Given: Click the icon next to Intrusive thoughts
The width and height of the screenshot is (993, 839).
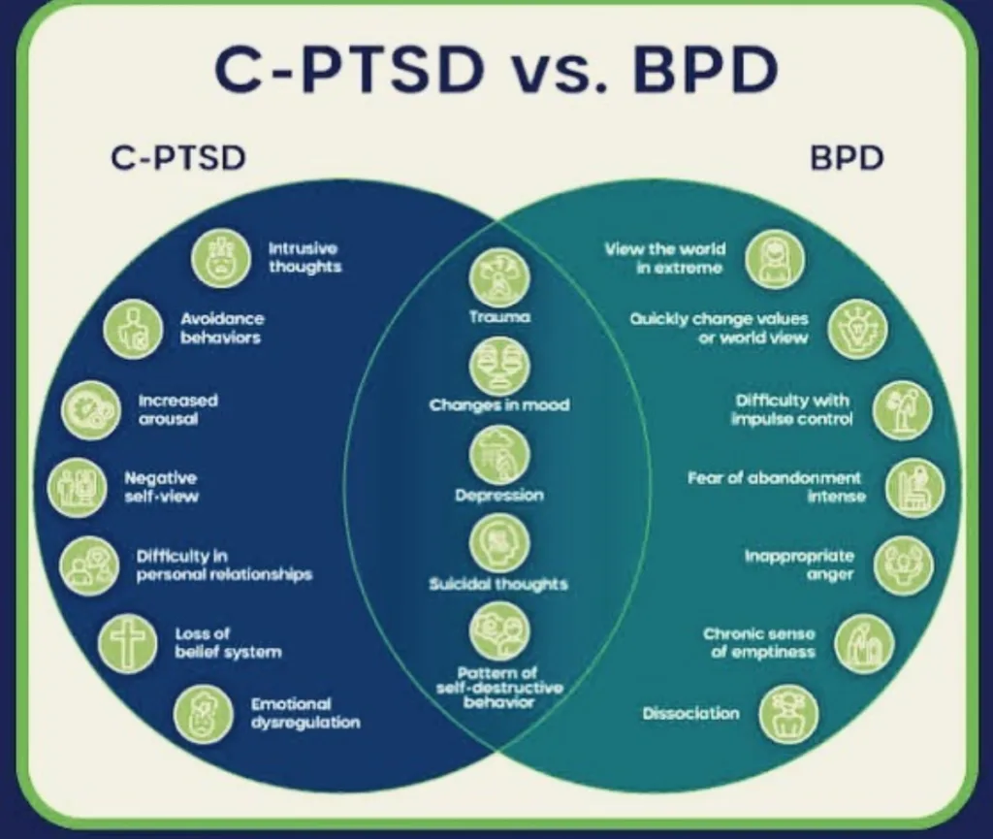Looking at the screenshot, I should click(220, 257).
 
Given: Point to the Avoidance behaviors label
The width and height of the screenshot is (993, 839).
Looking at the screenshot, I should click(222, 328).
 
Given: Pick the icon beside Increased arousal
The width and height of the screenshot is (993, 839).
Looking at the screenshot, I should click(91, 409).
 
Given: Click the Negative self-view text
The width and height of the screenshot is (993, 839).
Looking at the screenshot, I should click(160, 487).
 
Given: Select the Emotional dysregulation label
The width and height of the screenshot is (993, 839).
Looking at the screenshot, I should click(305, 713).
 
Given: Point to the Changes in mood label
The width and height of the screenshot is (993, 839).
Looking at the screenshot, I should click(499, 405).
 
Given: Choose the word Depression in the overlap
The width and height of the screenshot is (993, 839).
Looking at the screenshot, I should click(499, 496).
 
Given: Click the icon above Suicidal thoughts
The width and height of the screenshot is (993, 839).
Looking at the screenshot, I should click(499, 545).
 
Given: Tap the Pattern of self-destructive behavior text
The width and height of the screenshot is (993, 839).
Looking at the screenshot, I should click(499, 687).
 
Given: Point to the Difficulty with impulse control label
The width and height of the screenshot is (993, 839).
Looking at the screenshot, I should click(792, 409).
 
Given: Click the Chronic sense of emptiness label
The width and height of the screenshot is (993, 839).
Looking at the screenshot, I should click(759, 642).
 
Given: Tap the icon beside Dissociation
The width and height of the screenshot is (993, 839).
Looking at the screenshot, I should click(788, 714).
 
